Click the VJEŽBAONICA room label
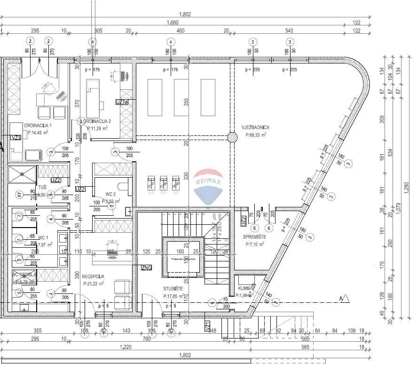pos(256,127)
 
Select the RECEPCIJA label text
pos(93,276)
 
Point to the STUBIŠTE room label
pos(173,289)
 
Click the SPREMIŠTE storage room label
pos(255,237)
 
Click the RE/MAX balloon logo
pos(208,187)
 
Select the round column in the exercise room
pos(232,137)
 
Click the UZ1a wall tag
pos(122,102)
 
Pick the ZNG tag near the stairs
pos(146,268)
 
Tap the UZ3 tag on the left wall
pos(16,137)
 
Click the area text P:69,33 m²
pos(256,134)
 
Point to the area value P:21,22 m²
pos(93,283)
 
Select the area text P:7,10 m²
pos(254,244)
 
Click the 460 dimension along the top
pos(180,31)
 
